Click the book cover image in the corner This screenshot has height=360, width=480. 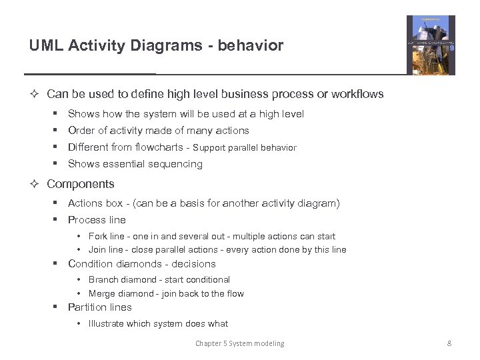pyautogui.click(x=431, y=45)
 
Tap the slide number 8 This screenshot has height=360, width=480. pyautogui.click(x=449, y=343)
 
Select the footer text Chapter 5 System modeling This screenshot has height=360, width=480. pyautogui.click(x=239, y=343)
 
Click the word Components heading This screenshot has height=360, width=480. pyautogui.click(x=81, y=184)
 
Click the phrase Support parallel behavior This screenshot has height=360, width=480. pyautogui.click(x=245, y=148)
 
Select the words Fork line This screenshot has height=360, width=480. pyautogui.click(x=107, y=237)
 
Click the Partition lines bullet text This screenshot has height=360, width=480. pyautogui.click(x=100, y=307)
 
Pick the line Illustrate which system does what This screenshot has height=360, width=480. pyautogui.click(x=158, y=324)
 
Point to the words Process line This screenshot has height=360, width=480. pyautogui.click(x=97, y=220)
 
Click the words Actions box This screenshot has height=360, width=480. pyautogui.click(x=95, y=203)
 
